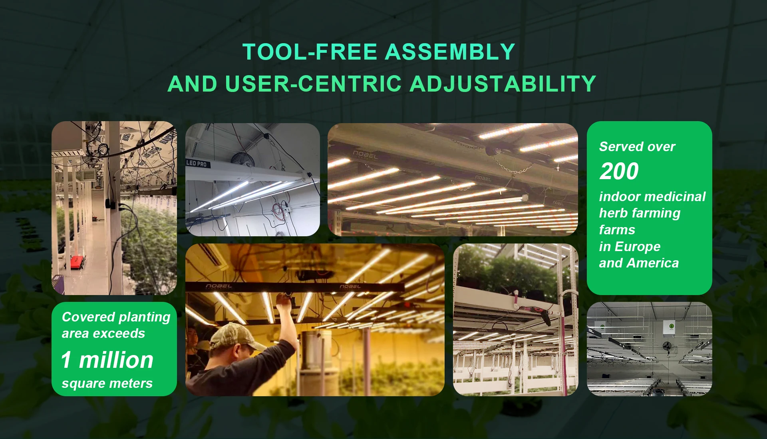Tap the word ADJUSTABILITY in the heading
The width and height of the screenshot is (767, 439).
(503, 84)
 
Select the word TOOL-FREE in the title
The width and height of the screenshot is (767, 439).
(310, 52)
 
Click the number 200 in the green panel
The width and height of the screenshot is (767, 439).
(619, 171)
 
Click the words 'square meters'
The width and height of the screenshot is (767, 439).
(107, 383)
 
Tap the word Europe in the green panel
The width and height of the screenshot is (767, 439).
(638, 247)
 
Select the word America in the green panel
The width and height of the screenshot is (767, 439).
(653, 263)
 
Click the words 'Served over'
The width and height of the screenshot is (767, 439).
(637, 147)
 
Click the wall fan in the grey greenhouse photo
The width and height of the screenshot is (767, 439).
(667, 346)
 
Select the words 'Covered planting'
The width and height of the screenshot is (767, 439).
(116, 317)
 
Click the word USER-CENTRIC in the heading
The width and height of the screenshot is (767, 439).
(314, 84)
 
